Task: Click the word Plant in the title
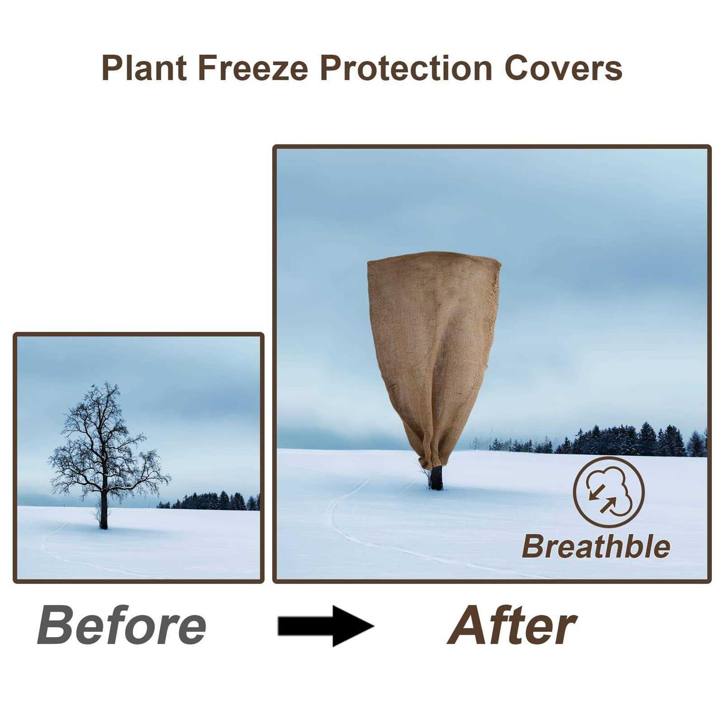click(x=144, y=68)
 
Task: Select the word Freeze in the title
click(x=252, y=68)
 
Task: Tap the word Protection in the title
click(x=405, y=68)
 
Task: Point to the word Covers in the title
click(x=563, y=68)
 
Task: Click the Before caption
click(x=122, y=626)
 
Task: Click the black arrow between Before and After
click(x=326, y=627)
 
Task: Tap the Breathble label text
click(x=596, y=547)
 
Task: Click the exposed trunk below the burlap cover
click(x=436, y=478)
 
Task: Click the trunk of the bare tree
click(x=103, y=516)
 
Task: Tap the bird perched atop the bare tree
click(x=92, y=386)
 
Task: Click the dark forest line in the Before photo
click(x=212, y=502)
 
